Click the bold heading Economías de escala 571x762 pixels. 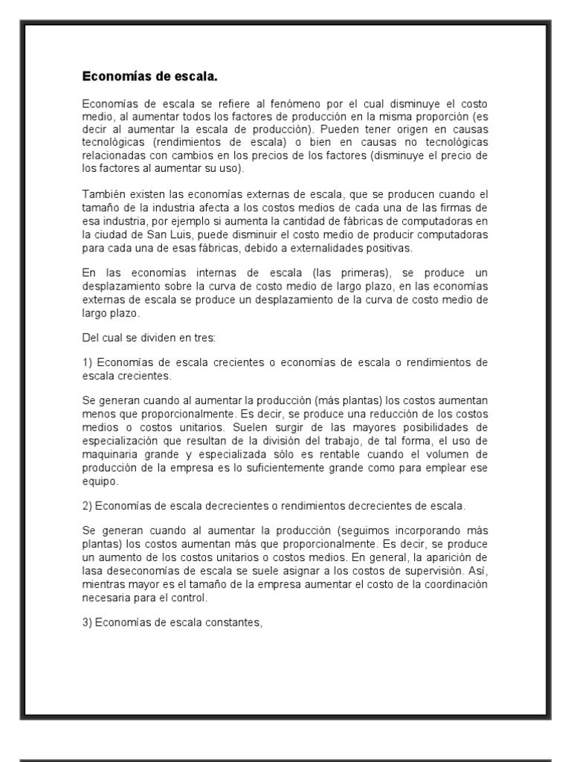149,77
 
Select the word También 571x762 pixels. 102,194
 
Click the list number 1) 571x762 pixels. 88,362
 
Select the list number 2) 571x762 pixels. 88,506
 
